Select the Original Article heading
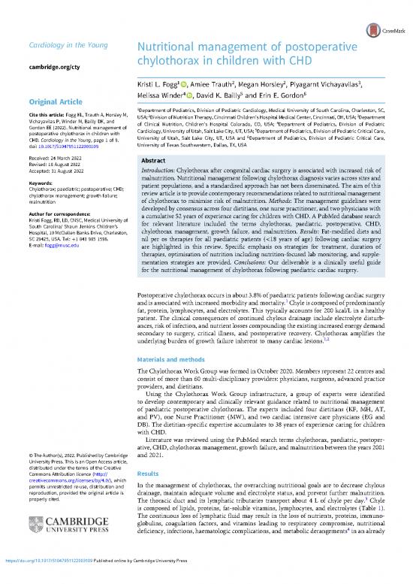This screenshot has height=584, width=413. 59,102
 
